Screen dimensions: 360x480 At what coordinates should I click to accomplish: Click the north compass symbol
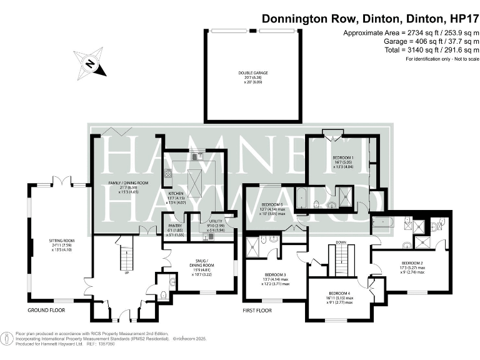(89, 62)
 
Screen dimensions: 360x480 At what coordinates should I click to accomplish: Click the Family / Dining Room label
(127, 182)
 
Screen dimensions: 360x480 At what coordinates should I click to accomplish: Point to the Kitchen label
(177, 194)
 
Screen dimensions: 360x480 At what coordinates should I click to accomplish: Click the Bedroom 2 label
(412, 263)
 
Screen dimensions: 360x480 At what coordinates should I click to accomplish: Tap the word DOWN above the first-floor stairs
(341, 242)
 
